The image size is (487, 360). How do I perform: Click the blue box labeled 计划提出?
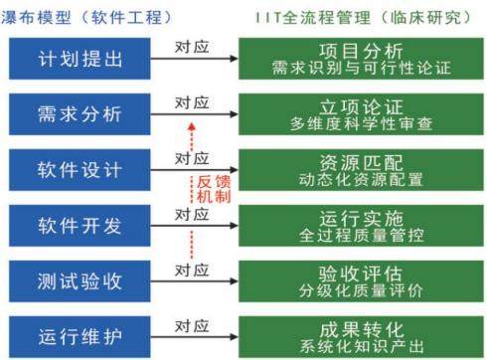point(80,59)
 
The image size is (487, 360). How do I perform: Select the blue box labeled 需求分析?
point(80,114)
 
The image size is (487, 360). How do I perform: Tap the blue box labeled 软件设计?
point(80,170)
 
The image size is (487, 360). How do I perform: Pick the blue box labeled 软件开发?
point(80,226)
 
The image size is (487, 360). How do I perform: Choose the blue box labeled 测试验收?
point(80,281)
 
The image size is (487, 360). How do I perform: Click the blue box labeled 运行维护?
point(80,337)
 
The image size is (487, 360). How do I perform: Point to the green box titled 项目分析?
point(361,59)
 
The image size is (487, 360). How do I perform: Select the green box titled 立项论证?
point(361,114)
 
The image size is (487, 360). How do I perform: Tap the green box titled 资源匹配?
point(361,170)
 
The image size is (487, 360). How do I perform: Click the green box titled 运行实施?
point(361,226)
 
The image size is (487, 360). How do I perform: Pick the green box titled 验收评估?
point(361,281)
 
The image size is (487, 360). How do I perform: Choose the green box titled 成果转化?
point(361,337)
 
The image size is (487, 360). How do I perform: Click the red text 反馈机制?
point(214,189)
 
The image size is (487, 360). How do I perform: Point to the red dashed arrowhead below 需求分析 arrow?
point(192,126)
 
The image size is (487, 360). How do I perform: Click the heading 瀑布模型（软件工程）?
point(86,17)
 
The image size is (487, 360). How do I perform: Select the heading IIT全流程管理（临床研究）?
point(364,17)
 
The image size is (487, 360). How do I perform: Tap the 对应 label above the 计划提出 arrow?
point(192,47)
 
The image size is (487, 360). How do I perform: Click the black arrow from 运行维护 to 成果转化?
point(195,337)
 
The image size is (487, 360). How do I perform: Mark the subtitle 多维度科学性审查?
point(362,124)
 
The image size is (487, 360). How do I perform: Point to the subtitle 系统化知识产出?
point(362,346)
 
